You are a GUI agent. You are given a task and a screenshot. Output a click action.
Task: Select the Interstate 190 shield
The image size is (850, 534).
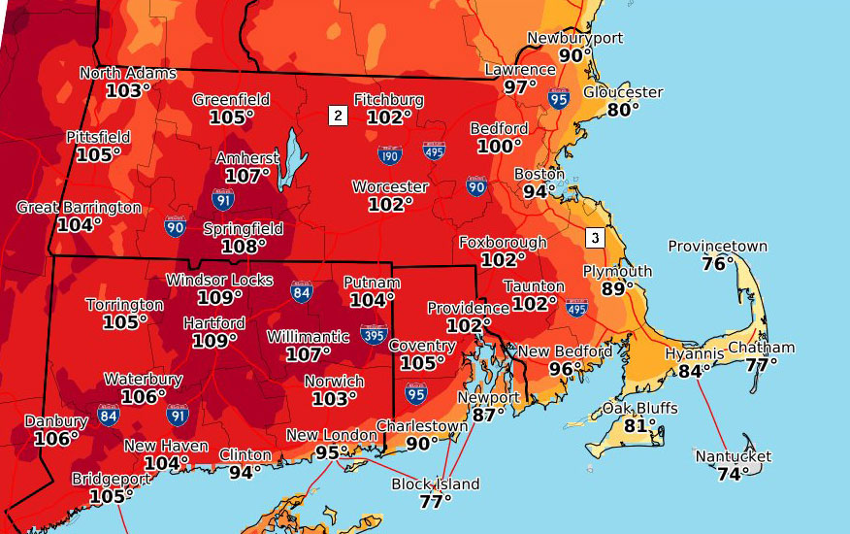(390, 154)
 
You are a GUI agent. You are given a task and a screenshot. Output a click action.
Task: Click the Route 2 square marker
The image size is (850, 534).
(338, 116)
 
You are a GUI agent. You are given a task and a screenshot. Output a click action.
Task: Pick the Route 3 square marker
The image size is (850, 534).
(594, 237)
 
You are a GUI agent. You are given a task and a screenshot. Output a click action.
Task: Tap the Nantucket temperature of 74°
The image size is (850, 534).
(733, 474)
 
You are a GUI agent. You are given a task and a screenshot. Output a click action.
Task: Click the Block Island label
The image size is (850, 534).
(435, 484)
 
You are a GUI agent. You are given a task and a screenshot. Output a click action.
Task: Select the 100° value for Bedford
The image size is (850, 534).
(499, 146)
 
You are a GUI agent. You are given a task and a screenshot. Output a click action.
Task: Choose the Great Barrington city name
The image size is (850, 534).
(79, 208)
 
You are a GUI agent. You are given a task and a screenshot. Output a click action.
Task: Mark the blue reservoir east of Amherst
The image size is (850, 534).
(288, 160)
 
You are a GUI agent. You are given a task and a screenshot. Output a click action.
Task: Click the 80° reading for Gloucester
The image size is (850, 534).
(623, 110)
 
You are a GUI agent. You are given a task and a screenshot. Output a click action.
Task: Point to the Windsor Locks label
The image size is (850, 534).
(219, 280)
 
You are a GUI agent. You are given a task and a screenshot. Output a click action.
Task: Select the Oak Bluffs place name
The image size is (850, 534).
(639, 408)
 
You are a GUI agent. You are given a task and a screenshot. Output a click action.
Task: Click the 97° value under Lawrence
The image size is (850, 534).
(520, 86)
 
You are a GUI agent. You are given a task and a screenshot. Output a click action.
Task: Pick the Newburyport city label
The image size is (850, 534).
(574, 39)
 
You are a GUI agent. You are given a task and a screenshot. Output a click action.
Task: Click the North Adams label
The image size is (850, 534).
(128, 73)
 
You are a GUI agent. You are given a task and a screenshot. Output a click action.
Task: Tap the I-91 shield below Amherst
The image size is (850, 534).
(223, 200)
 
